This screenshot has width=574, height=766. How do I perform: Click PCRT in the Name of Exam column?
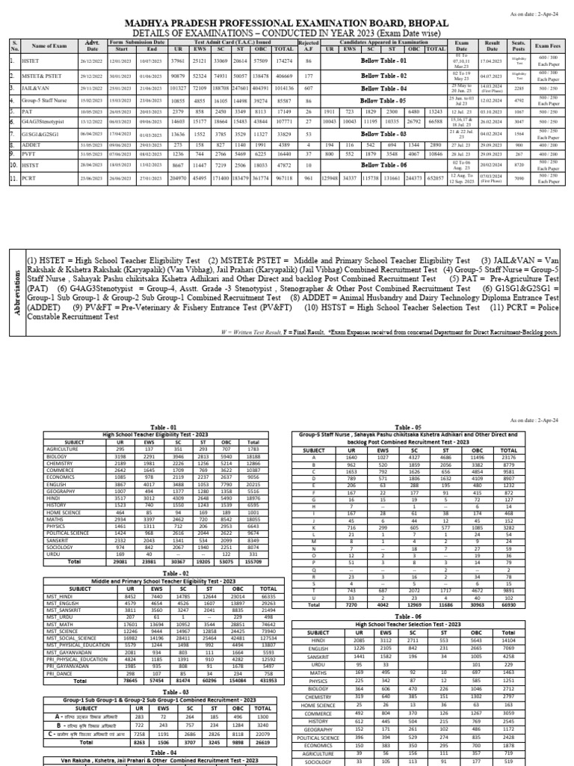(x=34, y=180)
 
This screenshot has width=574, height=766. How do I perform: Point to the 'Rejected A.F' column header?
(x=307, y=46)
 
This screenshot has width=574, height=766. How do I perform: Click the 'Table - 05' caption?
(x=408, y=426)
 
